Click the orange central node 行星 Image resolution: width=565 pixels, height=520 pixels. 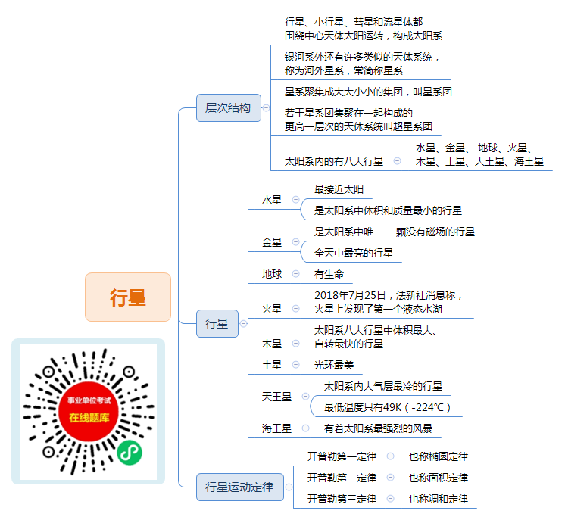128,297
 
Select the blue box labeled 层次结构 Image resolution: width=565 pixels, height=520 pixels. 229,107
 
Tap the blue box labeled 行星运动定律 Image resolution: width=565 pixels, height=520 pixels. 239,487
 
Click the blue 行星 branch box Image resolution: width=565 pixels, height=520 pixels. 217,323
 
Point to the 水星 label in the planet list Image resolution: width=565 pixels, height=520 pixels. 272,200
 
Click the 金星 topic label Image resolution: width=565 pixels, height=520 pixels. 272,242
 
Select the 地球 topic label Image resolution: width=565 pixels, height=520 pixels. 272,274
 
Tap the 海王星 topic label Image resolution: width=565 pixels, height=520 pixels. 276,428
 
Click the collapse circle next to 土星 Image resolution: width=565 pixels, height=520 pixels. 296,364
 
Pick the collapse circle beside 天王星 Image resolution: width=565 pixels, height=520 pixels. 305,396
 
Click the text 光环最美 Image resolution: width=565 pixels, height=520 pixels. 334,365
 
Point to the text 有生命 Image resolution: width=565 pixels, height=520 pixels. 329,274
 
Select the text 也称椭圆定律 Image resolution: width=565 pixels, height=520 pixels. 439,456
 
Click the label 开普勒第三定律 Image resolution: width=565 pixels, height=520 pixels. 342,499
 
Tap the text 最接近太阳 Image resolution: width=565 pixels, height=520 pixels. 339,189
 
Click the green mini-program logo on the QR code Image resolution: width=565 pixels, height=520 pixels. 130,453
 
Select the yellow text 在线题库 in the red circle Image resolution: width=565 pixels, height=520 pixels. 89,417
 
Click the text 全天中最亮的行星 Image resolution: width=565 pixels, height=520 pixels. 354,253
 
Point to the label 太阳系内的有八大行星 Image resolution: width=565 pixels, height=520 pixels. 334,161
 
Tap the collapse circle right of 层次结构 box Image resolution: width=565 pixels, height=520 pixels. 266,107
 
